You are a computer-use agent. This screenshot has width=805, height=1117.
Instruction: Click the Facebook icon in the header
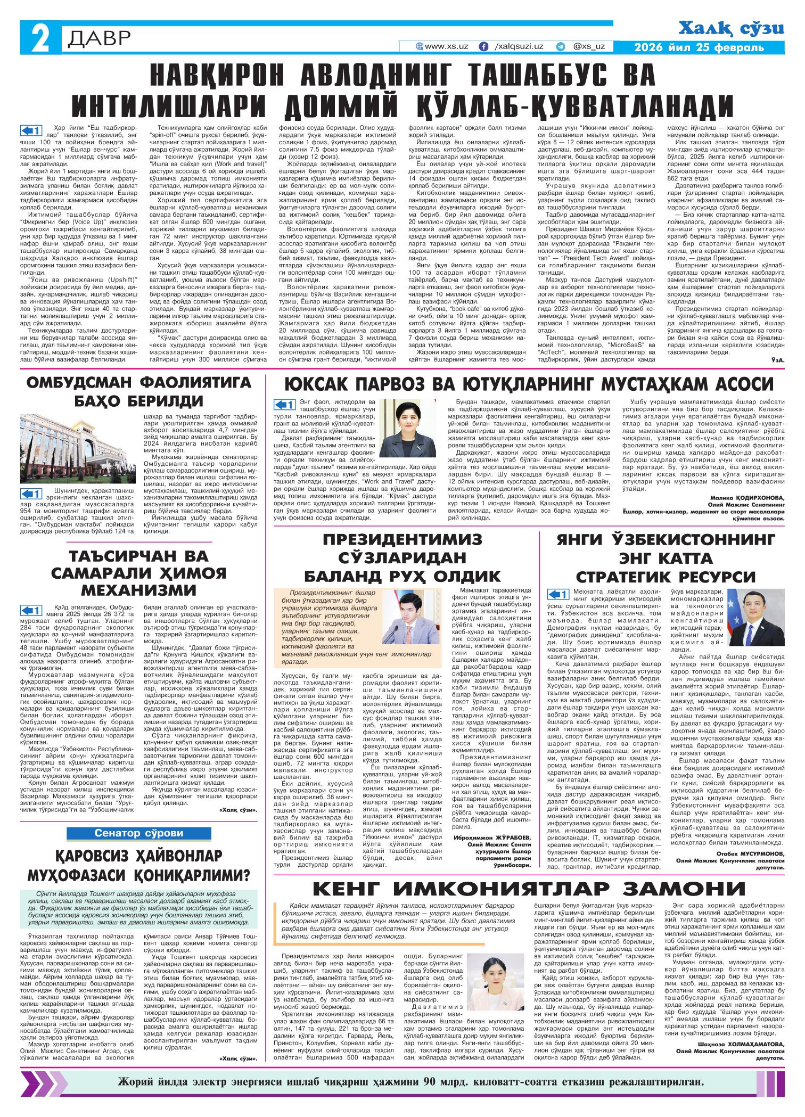pos(483,46)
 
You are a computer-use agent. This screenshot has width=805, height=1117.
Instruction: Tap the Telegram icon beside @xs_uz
pos(560,46)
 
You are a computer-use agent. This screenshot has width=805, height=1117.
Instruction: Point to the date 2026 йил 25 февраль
pos(699,47)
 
